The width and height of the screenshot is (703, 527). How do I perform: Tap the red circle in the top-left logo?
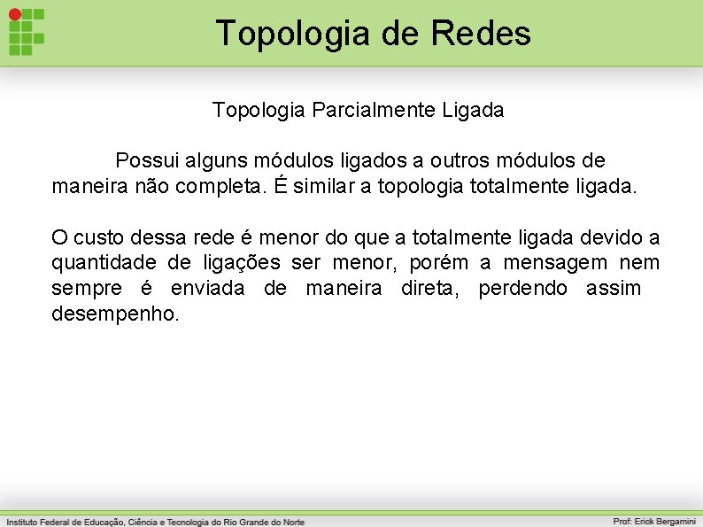point(14,14)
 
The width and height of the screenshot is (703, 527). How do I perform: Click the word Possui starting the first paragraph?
point(147,161)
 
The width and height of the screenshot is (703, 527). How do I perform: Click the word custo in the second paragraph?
point(103,237)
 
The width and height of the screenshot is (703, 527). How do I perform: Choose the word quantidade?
point(97,263)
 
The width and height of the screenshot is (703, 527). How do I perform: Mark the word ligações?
point(242,263)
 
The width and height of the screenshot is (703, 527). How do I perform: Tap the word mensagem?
point(555,263)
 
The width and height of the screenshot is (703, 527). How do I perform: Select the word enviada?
point(207,289)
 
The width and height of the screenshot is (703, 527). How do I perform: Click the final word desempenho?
point(115,314)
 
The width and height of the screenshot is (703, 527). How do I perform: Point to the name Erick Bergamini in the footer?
point(665,522)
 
